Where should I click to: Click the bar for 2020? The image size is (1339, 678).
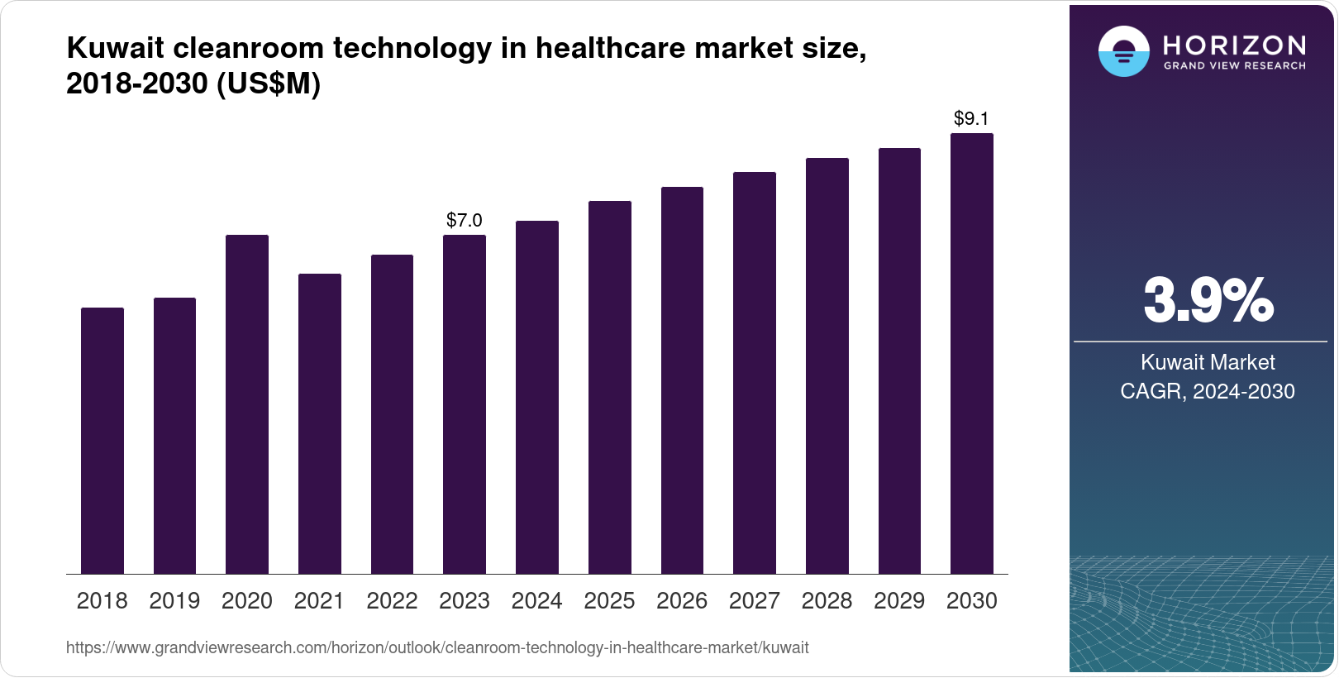pyautogui.click(x=247, y=404)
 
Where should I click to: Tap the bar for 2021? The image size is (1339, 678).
pyautogui.click(x=320, y=423)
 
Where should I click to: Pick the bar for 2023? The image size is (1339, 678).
pyautogui.click(x=465, y=404)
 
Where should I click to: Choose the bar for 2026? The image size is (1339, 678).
pyautogui.click(x=682, y=380)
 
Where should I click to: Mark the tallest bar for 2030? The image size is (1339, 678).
pyautogui.click(x=972, y=353)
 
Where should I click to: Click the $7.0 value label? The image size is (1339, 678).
pyautogui.click(x=465, y=220)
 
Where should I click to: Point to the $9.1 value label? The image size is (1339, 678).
pyautogui.click(x=971, y=118)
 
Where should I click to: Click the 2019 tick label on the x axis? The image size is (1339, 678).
pyautogui.click(x=174, y=601)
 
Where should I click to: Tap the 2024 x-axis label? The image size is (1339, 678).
pyautogui.click(x=537, y=601)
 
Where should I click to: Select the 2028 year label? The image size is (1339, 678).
pyautogui.click(x=827, y=601)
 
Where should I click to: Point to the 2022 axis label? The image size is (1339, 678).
pyautogui.click(x=392, y=601)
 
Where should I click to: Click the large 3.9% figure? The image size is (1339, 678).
pyautogui.click(x=1208, y=301)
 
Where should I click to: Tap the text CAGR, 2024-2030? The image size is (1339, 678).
pyautogui.click(x=1207, y=391)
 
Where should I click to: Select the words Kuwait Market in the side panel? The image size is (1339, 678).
pyautogui.click(x=1208, y=362)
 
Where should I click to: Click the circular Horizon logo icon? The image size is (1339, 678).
pyautogui.click(x=1123, y=51)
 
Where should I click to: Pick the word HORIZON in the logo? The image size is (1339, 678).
pyautogui.click(x=1234, y=45)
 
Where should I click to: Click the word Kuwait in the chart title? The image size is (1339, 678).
pyautogui.click(x=115, y=49)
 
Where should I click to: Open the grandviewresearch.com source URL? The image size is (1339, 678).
pyautogui.click(x=437, y=648)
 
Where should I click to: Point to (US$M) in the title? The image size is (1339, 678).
pyautogui.click(x=268, y=84)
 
